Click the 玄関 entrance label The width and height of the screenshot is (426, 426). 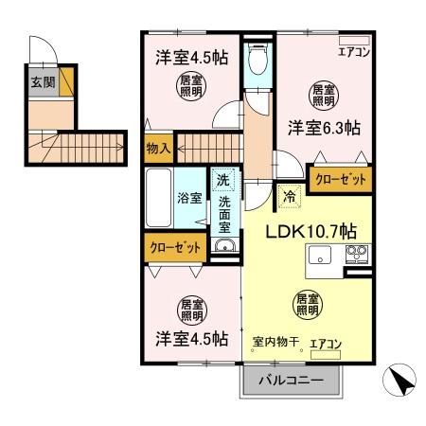click(42, 80)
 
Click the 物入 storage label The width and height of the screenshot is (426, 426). click(157, 147)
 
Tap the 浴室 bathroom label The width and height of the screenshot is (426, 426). click(188, 198)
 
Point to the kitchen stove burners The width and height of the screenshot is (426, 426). click(357, 255)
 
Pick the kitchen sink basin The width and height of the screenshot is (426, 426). click(319, 256)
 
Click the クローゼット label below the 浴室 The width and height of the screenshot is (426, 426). click(175, 248)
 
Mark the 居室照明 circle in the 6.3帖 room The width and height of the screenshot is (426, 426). click(324, 94)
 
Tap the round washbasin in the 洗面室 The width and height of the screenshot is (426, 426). click(224, 248)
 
